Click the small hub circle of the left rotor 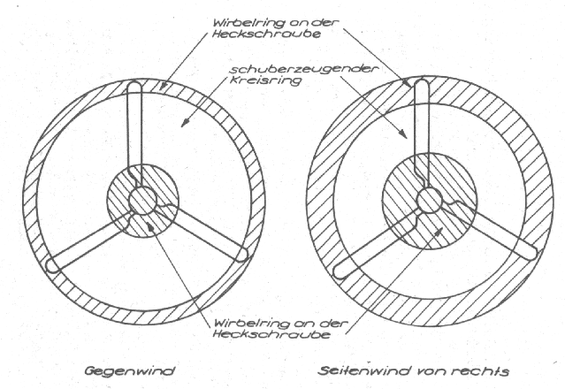point(141,200)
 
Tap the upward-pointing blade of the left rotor point(134,133)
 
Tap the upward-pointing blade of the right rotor point(421,133)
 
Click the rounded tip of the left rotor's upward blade point(134,87)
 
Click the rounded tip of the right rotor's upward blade point(421,85)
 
